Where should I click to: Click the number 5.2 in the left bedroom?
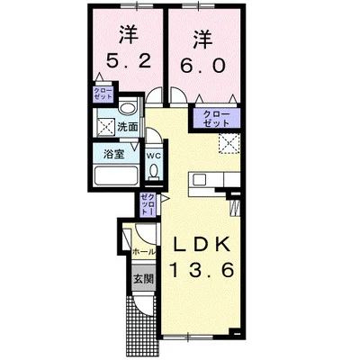click(x=128, y=61)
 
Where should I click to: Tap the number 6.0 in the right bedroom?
click(x=202, y=65)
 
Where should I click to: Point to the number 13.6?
click(x=202, y=270)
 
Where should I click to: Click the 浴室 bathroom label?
click(x=114, y=154)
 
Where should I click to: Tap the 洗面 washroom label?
click(x=128, y=127)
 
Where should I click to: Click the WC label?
click(x=154, y=156)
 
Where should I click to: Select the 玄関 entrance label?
click(x=143, y=279)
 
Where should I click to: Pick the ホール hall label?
click(x=144, y=252)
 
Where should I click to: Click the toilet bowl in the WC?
click(x=154, y=172)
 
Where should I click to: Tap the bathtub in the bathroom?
click(x=116, y=176)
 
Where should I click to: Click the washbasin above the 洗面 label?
click(x=129, y=106)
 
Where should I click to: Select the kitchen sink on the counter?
click(x=200, y=180)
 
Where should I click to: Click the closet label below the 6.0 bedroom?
click(x=216, y=119)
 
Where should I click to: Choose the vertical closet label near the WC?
click(x=148, y=203)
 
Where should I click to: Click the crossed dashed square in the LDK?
click(x=229, y=143)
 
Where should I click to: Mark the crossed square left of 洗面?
click(x=106, y=127)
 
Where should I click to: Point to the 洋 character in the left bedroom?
click(x=130, y=34)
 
